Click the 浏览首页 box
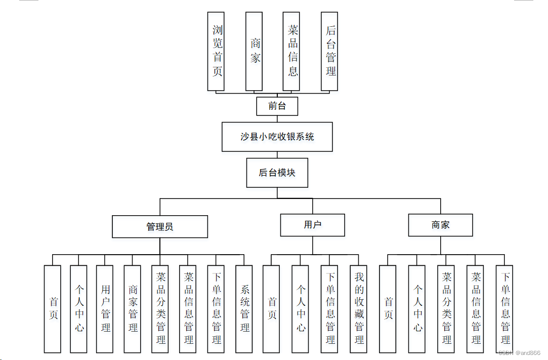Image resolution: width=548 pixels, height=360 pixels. (217, 51)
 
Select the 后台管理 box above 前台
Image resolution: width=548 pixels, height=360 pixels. (329, 51)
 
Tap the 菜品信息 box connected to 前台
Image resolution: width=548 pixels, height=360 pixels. (292, 51)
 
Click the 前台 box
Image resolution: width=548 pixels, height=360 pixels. (277, 106)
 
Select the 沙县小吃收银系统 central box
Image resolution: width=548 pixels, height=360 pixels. (277, 137)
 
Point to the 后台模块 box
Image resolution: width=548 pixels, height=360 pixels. (277, 173)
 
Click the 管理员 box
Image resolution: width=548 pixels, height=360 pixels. (159, 226)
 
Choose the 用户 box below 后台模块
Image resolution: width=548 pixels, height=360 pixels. (312, 225)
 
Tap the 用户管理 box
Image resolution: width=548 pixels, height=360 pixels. (105, 309)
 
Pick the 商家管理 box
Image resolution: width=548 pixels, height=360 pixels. (132, 309)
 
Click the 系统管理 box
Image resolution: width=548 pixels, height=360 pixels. (244, 309)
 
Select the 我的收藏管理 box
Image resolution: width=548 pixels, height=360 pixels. (359, 309)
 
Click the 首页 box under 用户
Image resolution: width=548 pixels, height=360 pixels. (271, 309)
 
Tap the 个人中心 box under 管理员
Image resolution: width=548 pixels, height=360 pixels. (78, 309)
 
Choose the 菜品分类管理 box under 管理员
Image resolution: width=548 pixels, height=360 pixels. (160, 309)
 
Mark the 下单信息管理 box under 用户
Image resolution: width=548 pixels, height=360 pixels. (330, 309)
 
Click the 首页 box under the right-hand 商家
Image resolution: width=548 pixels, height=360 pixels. (388, 309)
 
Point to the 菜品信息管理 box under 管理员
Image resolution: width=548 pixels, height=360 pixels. (188, 309)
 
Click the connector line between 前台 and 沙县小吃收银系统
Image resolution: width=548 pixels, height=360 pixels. (277, 119)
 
